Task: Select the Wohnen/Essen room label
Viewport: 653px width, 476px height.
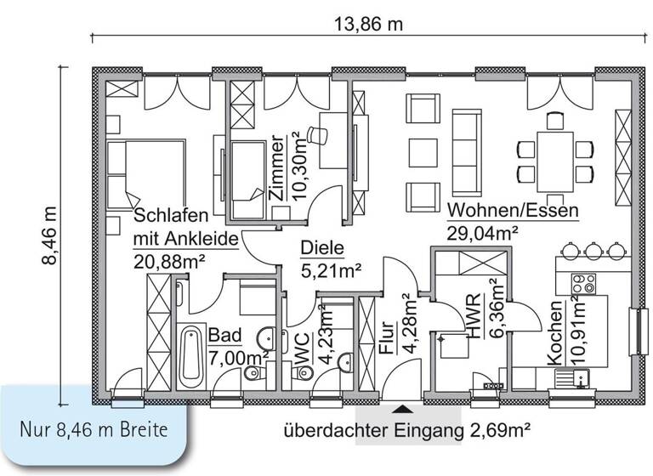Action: click(514, 210)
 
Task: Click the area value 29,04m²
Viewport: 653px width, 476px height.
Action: click(483, 229)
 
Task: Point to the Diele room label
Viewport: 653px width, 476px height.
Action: click(321, 249)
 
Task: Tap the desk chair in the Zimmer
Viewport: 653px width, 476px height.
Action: click(317, 133)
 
